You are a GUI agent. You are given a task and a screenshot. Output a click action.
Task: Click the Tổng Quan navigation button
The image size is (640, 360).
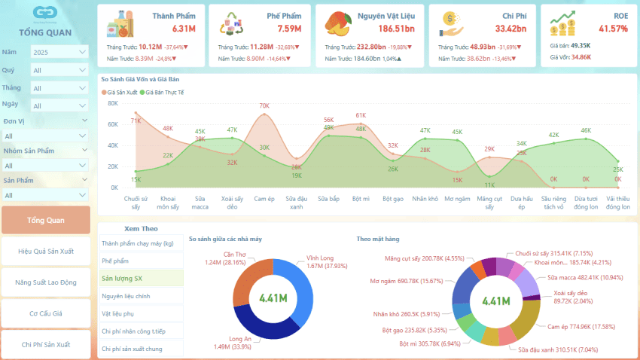point(46,220)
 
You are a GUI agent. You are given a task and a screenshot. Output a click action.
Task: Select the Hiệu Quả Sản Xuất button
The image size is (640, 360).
point(46,252)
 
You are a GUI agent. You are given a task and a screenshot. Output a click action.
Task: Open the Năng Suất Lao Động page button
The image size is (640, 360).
point(46,282)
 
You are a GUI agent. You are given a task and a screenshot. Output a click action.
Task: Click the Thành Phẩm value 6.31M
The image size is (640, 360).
point(184,29)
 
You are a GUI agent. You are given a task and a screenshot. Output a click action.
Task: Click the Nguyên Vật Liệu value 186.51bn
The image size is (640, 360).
point(396,29)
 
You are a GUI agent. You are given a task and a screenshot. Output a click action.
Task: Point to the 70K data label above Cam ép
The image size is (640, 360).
point(264,106)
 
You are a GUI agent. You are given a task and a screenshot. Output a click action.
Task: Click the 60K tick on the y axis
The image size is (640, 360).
point(113,124)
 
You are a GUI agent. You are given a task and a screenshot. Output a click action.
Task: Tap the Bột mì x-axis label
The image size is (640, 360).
point(361,199)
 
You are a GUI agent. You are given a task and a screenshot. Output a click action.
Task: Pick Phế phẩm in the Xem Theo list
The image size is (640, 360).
point(115,261)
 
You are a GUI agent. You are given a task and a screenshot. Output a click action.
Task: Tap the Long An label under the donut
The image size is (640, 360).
point(242,343)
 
